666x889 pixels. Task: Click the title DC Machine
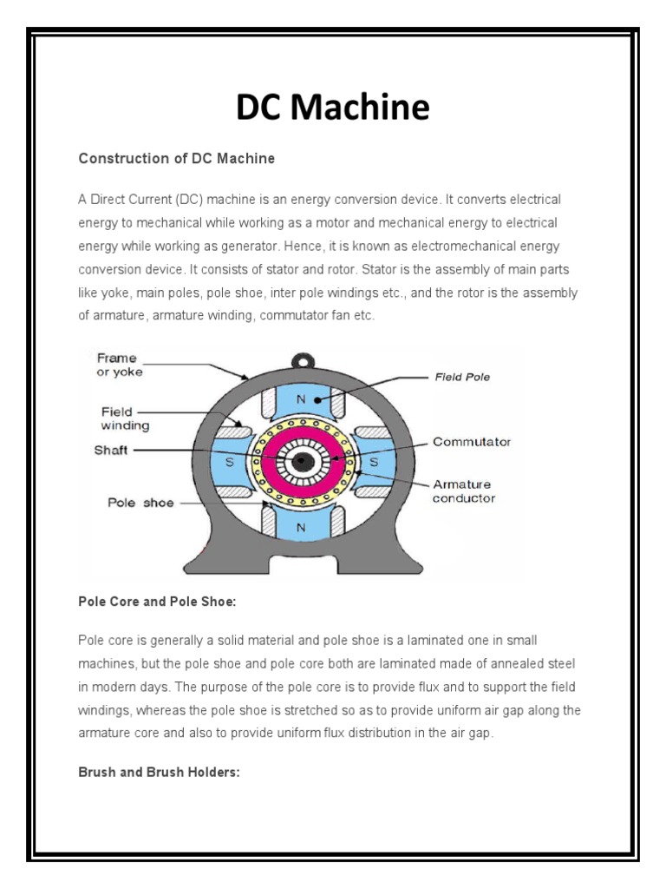click(x=333, y=109)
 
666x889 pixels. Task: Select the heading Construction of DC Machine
click(x=176, y=159)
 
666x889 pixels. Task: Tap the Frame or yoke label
click(x=120, y=365)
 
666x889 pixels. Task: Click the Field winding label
click(x=125, y=419)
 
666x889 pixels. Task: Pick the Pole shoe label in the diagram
click(x=140, y=503)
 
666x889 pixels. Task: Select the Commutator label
click(x=472, y=442)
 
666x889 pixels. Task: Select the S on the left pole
click(x=230, y=463)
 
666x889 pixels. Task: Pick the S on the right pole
click(x=374, y=463)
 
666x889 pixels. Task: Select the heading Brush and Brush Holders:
click(x=159, y=772)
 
